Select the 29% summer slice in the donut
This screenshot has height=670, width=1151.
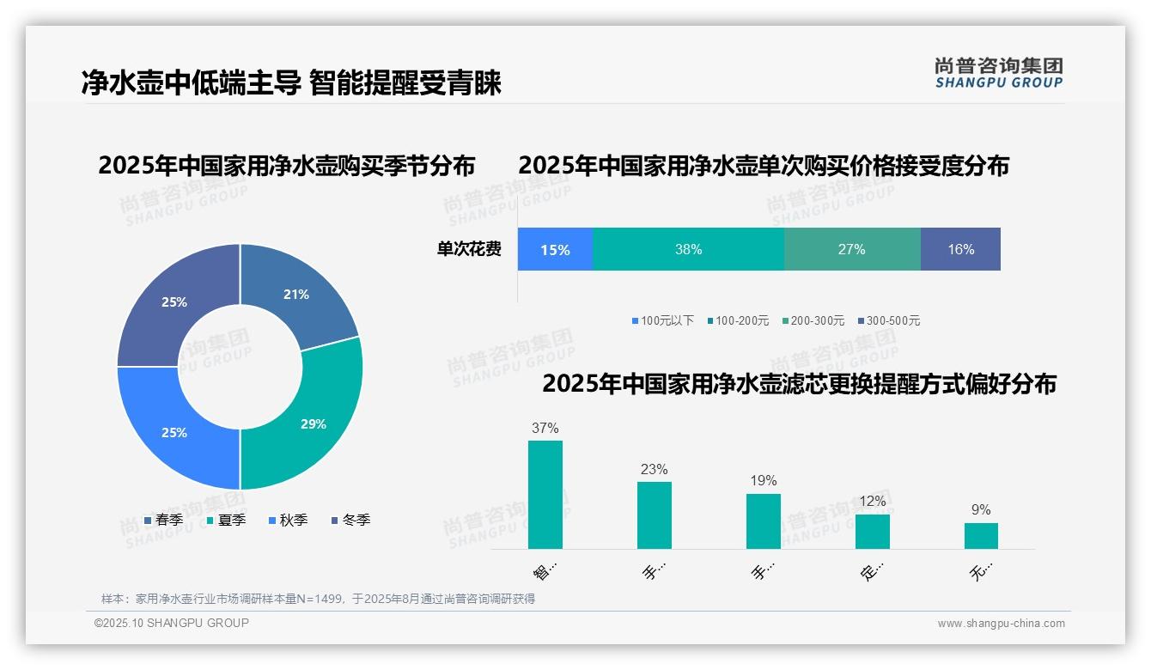click(313, 423)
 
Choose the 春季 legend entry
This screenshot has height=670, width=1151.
click(163, 520)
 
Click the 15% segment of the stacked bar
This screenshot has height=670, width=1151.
click(555, 249)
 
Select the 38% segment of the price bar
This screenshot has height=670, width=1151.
click(688, 249)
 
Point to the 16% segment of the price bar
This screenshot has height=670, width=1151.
click(960, 249)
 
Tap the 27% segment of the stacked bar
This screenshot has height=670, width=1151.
click(851, 249)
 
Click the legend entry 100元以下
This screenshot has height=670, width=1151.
click(662, 320)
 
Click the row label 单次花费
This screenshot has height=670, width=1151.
click(469, 249)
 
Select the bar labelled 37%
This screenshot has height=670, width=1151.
click(545, 495)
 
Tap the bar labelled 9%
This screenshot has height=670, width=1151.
click(981, 535)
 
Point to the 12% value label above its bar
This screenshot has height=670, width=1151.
click(873, 501)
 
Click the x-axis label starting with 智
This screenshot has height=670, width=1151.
click(545, 570)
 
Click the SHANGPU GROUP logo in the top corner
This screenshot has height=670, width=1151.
click(998, 73)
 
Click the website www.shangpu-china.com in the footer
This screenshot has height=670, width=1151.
click(1001, 624)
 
